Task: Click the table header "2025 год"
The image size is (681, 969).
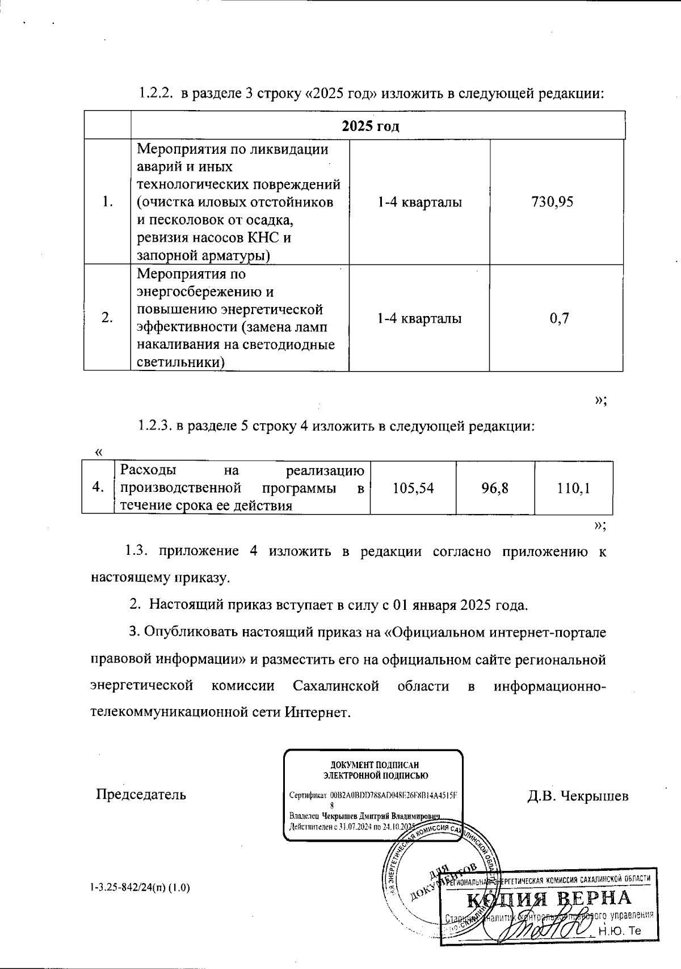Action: coord(370,125)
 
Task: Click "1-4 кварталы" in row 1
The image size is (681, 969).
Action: coord(419,202)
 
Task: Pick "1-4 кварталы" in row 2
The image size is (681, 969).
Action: coord(419,318)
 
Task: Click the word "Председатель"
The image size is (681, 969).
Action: coord(141,794)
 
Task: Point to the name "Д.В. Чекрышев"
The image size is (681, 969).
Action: coord(578,795)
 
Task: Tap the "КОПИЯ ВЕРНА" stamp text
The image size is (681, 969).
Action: coord(549,899)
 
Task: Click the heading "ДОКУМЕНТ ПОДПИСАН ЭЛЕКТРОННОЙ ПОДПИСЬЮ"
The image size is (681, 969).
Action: coord(375,770)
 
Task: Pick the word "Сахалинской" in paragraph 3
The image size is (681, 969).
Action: coord(336,686)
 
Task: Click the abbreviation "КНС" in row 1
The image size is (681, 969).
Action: coord(262,238)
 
